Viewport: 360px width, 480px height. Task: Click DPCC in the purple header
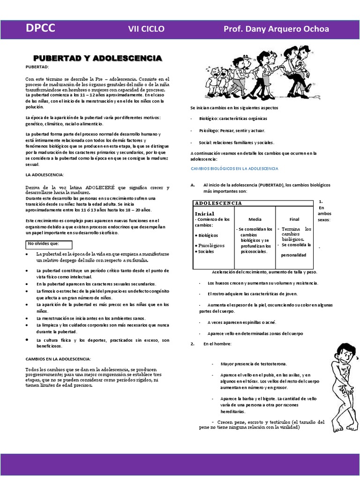(40, 29)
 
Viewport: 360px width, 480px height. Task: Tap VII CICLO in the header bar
(146, 29)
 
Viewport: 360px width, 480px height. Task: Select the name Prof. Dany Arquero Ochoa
(276, 29)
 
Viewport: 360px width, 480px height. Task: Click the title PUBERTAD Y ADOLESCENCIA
(97, 58)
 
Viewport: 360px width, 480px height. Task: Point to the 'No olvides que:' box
(48, 244)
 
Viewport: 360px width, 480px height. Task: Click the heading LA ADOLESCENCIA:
(45, 175)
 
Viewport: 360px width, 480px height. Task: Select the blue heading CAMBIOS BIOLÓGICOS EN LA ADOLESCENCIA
(234, 168)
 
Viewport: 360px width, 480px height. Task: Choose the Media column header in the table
(255, 219)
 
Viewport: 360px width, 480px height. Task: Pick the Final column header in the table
(294, 219)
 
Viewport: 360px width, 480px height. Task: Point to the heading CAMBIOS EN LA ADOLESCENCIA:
(58, 359)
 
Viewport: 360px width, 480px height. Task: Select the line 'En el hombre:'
(217, 344)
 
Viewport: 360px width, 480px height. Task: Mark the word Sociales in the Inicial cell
(206, 252)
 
